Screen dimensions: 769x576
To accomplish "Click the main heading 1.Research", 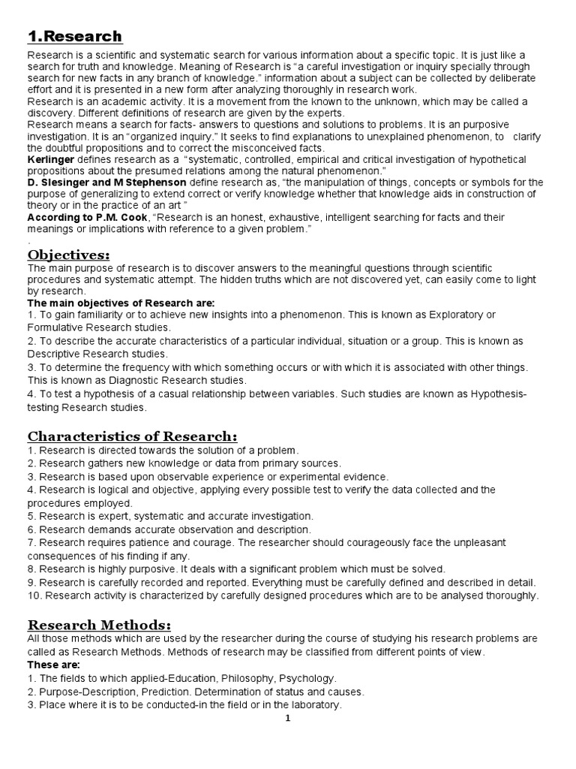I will coord(75,37).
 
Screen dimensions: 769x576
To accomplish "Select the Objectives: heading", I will coord(70,255).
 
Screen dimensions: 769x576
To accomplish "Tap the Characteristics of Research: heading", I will coord(132,436).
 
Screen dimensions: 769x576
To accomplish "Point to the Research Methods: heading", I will coord(99,625).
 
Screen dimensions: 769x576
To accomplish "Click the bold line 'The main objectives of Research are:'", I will coord(121,302).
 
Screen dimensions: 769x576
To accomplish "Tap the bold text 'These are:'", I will coord(52,665).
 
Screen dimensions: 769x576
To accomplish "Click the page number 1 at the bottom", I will coord(287,718).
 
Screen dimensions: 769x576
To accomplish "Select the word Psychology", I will coord(303,678).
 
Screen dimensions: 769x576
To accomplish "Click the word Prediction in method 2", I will coord(176,692).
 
